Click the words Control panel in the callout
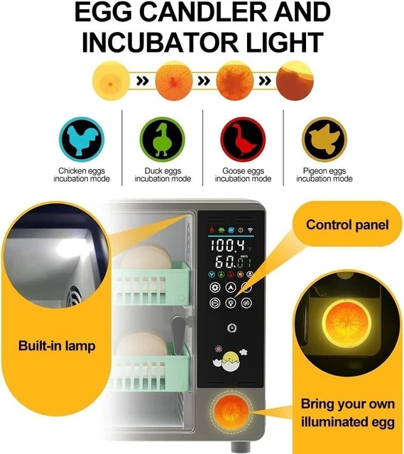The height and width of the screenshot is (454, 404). coord(347,225)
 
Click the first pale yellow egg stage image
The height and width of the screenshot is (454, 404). coord(111,79)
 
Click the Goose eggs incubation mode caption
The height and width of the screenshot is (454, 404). coord(243,175)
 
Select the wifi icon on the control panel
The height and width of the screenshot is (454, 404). coord(249,231)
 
